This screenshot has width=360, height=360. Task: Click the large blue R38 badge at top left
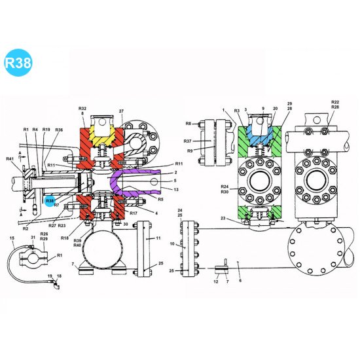click(18, 63)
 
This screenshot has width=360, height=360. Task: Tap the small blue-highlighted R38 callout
click(50, 200)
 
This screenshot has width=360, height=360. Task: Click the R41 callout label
click(10, 159)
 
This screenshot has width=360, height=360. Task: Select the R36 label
click(59, 130)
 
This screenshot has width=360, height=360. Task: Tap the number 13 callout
click(176, 189)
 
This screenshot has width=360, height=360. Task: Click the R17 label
click(134, 213)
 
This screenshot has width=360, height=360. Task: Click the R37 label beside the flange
click(187, 141)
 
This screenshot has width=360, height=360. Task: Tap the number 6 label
click(240, 280)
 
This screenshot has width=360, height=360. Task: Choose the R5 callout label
click(160, 200)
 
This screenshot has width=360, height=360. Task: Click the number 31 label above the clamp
click(33, 238)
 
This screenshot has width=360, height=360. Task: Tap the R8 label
click(188, 123)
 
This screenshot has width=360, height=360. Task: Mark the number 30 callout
click(125, 224)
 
